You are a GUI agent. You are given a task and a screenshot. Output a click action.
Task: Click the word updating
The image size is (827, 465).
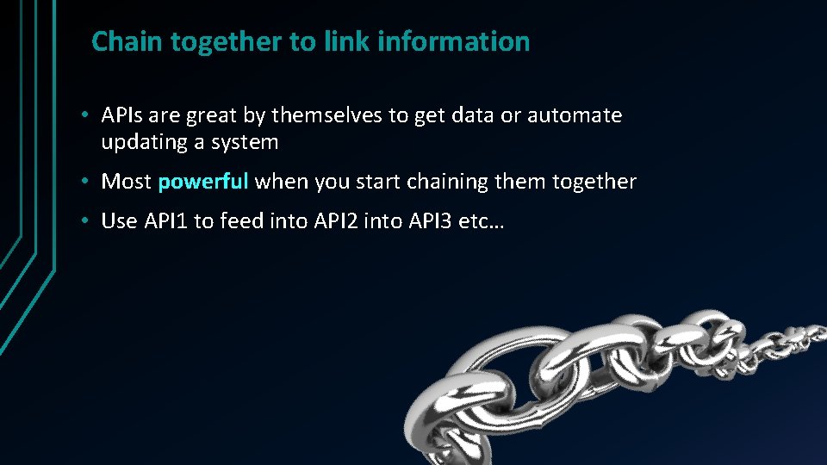click(143, 142)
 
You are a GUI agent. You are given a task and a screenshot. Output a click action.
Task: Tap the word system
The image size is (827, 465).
click(248, 142)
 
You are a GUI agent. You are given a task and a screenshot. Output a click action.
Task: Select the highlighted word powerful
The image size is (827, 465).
click(203, 182)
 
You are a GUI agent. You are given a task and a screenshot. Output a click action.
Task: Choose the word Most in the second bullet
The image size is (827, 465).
click(127, 182)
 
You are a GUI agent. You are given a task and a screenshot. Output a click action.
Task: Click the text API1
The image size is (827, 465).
click(166, 221)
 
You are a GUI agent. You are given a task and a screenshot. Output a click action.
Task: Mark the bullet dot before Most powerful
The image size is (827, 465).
click(88, 182)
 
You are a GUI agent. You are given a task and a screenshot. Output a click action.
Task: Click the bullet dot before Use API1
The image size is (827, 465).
click(88, 221)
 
